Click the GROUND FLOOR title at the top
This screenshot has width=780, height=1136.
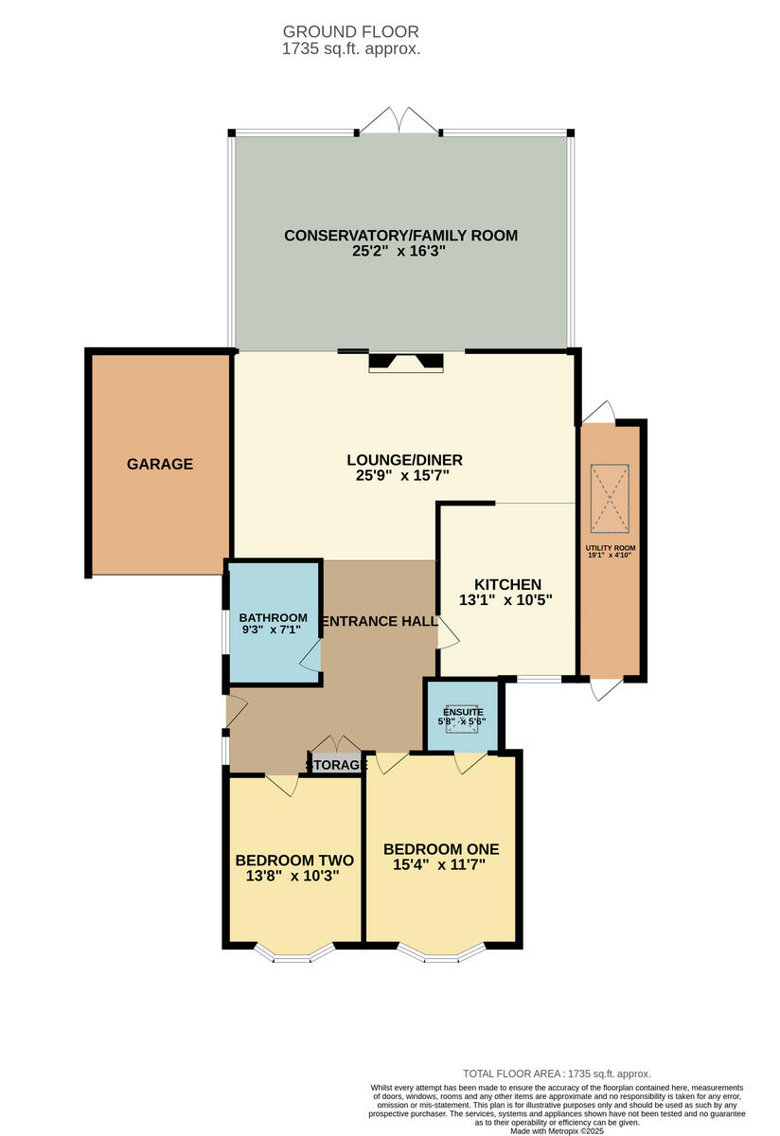(350, 32)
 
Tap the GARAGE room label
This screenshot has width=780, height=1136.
(160, 464)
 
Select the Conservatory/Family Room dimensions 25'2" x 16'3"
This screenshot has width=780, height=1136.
(400, 253)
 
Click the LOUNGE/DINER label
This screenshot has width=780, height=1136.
(404, 460)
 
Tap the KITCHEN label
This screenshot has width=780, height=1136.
(507, 584)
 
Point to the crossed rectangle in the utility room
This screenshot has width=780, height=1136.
(609, 498)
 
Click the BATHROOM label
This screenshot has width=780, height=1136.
(273, 617)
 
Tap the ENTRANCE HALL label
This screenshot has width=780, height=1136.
(379, 621)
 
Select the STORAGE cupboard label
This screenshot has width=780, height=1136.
(336, 765)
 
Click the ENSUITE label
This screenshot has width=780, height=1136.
(463, 712)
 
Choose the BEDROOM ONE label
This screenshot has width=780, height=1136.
(441, 848)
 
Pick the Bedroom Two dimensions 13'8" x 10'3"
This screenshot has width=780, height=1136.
(294, 876)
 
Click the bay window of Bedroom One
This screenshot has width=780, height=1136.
(441, 953)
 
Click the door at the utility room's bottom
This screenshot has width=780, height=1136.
(600, 689)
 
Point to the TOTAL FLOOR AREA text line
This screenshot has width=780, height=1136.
(557, 1074)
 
